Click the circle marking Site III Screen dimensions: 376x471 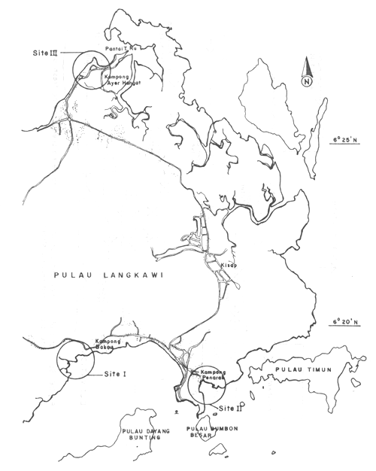pyautogui.click(x=90, y=70)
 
